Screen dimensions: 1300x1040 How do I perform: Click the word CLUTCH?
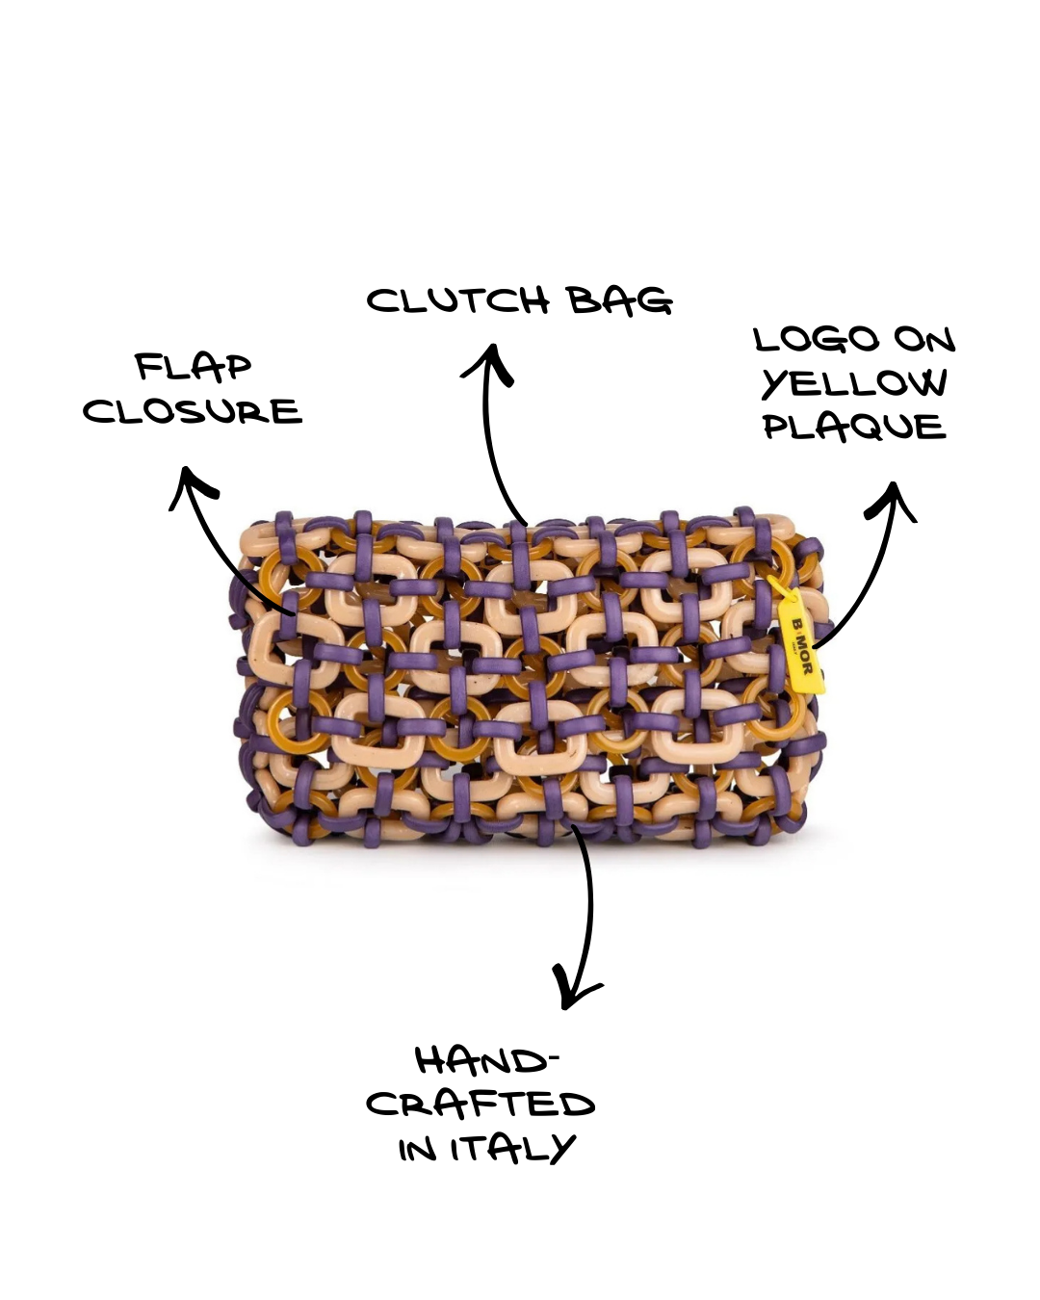(457, 301)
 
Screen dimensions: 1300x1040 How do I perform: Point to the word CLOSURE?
(193, 411)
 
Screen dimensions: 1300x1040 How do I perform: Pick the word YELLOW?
(854, 383)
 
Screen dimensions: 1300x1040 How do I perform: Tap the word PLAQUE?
(854, 427)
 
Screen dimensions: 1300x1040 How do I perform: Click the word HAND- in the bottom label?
(486, 1061)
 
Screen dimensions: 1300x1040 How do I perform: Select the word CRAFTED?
(481, 1105)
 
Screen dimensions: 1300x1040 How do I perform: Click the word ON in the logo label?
(923, 339)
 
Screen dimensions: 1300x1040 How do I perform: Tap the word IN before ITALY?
(418, 1149)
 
